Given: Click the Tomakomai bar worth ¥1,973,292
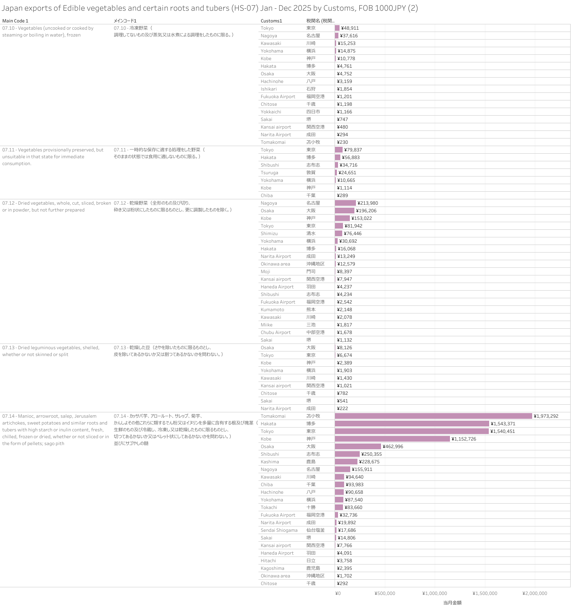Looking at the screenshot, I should click(433, 416).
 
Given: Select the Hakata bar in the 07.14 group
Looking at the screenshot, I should click(412, 424).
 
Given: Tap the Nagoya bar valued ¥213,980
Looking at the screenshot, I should click(345, 203).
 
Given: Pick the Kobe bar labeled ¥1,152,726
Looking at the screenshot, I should click(392, 439).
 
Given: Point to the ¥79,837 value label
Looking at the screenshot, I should click(353, 150).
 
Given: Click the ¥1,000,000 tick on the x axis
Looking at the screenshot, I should click(435, 593).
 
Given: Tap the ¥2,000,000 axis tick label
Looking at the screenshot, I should click(534, 593).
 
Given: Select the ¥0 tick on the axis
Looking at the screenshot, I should click(338, 593).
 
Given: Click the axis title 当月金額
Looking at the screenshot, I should click(452, 603).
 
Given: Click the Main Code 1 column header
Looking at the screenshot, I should click(15, 21).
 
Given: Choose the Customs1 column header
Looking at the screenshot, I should click(271, 21).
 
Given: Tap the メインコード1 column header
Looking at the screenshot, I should click(125, 21).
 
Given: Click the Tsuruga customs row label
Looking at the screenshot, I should click(269, 173).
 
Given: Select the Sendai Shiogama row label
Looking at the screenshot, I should click(279, 530).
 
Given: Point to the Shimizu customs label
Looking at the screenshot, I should click(269, 234).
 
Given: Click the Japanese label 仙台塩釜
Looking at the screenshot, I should click(315, 530).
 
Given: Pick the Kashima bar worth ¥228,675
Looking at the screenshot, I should click(346, 462).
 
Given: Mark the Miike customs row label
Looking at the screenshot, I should click(266, 325).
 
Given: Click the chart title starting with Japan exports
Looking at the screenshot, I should click(210, 8).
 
